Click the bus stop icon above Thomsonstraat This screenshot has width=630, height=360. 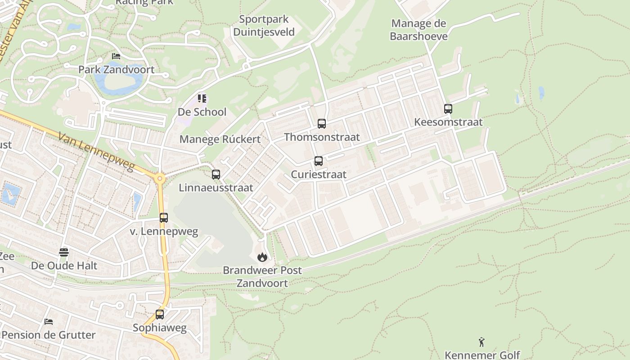(x=322, y=124)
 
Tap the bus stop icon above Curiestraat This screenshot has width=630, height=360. (x=319, y=161)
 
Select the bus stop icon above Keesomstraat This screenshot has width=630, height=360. (x=448, y=109)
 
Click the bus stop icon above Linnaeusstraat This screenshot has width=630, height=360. (x=216, y=175)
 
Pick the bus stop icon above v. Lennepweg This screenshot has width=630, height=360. (x=164, y=218)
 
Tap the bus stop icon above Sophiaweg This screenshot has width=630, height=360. (x=160, y=315)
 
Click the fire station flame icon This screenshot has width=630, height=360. (x=262, y=257)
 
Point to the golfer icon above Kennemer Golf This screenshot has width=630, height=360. (x=482, y=342)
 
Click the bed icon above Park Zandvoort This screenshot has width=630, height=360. (x=116, y=56)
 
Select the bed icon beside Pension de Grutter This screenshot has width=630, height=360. (x=49, y=322)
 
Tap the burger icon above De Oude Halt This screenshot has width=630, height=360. (x=64, y=252)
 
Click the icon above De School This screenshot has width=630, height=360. (x=202, y=98)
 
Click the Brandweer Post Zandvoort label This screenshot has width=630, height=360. (x=262, y=277)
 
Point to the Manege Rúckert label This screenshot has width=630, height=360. (x=220, y=139)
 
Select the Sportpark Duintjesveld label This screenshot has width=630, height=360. (x=264, y=26)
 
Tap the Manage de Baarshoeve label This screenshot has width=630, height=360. (x=418, y=30)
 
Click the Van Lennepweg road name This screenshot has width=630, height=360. (x=96, y=151)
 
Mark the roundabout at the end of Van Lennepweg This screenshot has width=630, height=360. (x=159, y=179)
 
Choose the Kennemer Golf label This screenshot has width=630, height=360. (x=482, y=355)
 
